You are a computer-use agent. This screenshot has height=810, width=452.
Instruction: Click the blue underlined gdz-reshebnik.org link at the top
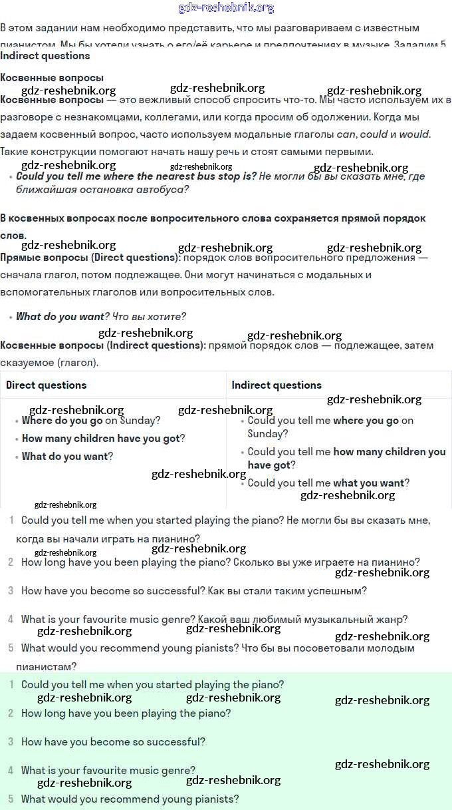[x=226, y=8]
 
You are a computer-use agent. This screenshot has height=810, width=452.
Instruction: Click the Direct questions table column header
[x=47, y=385]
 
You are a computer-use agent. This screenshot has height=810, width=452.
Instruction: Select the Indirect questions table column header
[x=277, y=385]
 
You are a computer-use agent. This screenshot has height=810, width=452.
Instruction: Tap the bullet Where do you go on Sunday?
[x=90, y=421]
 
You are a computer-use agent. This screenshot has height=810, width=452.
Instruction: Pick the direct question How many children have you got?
[x=103, y=439]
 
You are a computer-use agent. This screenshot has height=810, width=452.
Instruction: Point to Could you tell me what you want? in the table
[x=328, y=483]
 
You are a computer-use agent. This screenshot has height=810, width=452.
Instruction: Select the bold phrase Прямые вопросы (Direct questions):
[x=90, y=258]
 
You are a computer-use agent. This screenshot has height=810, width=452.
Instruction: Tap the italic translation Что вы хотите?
[x=149, y=317]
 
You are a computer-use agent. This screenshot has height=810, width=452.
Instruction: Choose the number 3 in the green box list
[x=11, y=741]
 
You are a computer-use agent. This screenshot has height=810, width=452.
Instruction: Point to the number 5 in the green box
[x=11, y=799]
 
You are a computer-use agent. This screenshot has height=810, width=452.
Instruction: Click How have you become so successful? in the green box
[x=113, y=741]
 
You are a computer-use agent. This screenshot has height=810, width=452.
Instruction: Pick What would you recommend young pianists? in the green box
[x=130, y=799]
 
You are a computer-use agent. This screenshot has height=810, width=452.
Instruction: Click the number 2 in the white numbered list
[x=11, y=562]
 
